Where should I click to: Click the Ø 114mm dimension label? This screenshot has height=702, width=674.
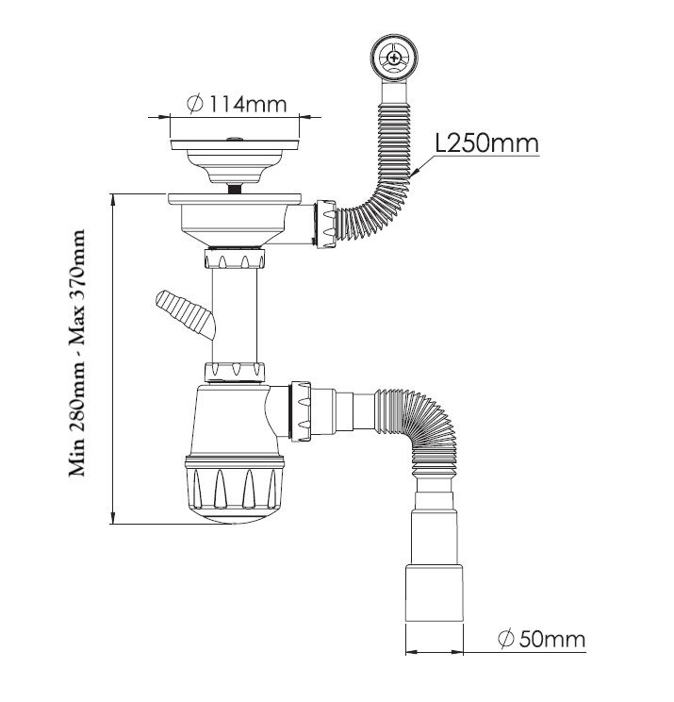(237, 104)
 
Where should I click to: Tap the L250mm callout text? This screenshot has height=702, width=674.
(486, 143)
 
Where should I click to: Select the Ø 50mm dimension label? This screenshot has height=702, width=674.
(541, 639)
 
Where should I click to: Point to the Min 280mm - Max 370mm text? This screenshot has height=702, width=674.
(76, 353)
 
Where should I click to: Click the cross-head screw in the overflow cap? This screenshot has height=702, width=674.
(394, 58)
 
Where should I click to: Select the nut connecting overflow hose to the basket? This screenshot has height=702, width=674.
(326, 224)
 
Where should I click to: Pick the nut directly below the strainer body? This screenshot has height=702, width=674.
(235, 259)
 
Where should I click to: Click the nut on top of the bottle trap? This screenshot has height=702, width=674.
(235, 372)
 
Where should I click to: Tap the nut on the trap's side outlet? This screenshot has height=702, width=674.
(301, 411)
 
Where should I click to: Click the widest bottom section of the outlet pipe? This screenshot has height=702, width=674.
(435, 593)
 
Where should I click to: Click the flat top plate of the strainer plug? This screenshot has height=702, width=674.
(235, 144)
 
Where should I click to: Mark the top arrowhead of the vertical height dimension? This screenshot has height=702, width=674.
(114, 200)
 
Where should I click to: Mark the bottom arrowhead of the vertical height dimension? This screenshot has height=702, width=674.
(114, 517)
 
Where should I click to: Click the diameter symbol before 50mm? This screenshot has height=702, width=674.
(505, 639)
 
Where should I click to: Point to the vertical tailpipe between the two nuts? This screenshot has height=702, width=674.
(235, 316)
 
